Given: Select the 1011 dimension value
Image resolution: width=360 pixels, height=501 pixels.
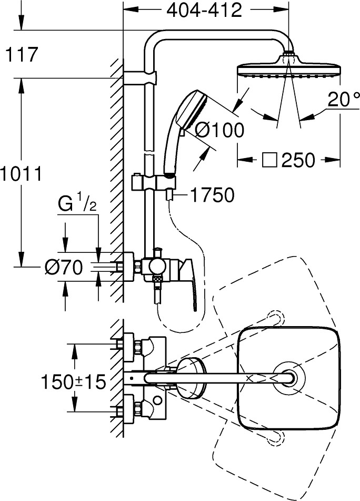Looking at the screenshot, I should coord(21,173).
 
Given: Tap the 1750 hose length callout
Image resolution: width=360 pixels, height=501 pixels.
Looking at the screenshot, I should coord(212,195).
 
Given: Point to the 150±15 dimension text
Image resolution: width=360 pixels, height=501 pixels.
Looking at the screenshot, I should coord(73,382).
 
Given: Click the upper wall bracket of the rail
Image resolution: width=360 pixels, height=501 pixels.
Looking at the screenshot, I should coord(143,77).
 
